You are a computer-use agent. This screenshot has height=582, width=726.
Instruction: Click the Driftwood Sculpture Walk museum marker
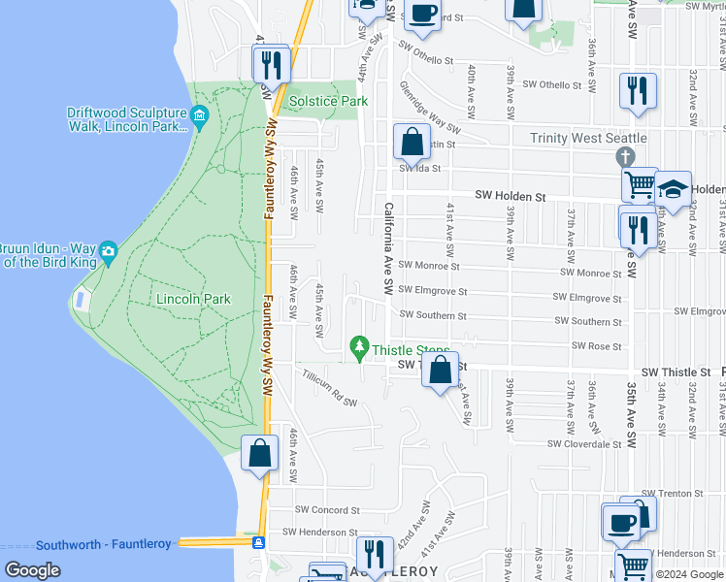[x=201, y=118]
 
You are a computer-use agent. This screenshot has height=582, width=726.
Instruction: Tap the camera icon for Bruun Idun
[x=108, y=250]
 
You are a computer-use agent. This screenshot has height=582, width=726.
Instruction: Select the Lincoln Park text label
[x=194, y=299]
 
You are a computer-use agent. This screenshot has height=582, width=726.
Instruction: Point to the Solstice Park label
[x=326, y=101]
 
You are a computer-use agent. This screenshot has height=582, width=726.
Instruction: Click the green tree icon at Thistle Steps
[x=359, y=345]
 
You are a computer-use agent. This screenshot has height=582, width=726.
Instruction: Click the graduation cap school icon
[x=673, y=188]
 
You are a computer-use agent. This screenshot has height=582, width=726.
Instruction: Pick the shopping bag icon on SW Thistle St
[x=441, y=369]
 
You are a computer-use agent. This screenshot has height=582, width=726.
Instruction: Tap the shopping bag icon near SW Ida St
[x=412, y=142]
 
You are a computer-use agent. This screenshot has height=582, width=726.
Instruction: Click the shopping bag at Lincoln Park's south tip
[x=260, y=453]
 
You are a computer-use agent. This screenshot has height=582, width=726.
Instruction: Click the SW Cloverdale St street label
[x=584, y=444]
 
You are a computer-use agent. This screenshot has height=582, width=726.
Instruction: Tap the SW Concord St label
[x=327, y=509]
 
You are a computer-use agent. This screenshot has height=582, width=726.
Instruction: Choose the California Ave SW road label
[x=388, y=248]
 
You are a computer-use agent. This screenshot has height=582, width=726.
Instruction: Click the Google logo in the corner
[x=32, y=570]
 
